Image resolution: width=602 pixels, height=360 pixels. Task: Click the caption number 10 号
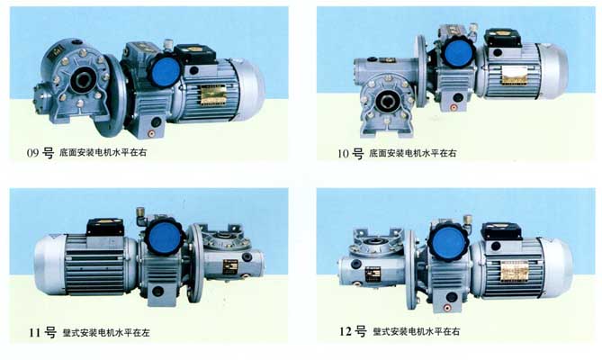(x=350, y=153)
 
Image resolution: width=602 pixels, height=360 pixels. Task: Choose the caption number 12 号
(x=353, y=331)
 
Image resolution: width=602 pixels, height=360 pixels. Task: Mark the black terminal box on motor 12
(x=501, y=227)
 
